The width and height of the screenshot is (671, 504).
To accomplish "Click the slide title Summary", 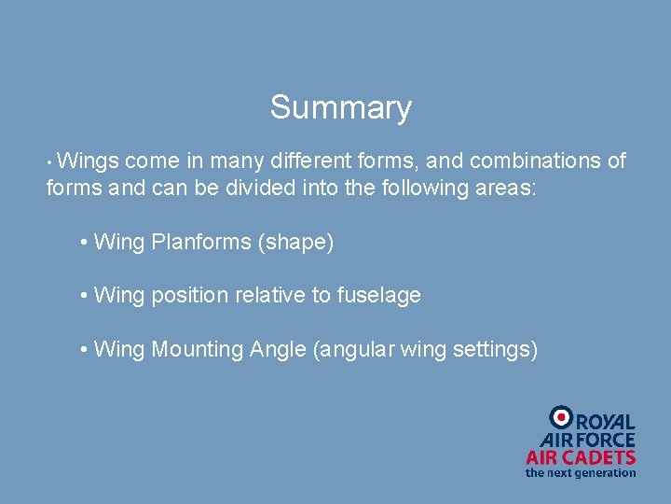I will (340, 108).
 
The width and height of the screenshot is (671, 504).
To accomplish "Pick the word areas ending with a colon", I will (503, 188).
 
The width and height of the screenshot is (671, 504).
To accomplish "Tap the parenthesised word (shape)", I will (296, 243).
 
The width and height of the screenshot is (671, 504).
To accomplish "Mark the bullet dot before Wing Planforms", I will (85, 244).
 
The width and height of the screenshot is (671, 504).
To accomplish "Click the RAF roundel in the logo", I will (562, 416).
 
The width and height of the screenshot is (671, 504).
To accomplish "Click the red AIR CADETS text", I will (581, 457).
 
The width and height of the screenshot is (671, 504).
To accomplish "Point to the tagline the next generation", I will (581, 472).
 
